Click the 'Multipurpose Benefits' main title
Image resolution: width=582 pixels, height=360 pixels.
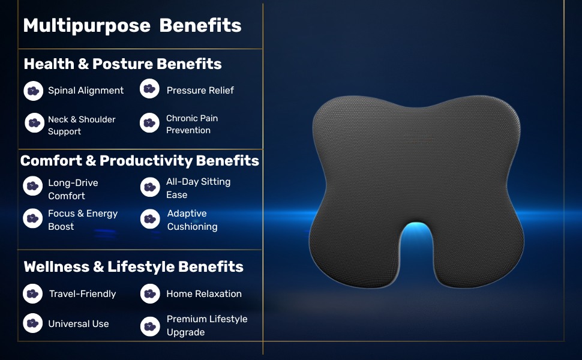pos(132,26)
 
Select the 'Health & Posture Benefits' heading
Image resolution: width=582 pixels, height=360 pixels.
pos(122,64)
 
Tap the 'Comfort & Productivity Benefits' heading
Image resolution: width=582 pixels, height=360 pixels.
pos(140,161)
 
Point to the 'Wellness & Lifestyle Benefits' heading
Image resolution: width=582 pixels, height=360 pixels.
pos(134,266)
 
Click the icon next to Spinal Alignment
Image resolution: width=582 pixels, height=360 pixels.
pos(34,91)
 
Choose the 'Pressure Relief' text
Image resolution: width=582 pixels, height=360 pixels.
pos(200,90)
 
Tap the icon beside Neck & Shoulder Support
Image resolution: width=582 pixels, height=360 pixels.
pos(35,123)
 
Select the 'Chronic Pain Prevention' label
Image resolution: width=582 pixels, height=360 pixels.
pos(192,124)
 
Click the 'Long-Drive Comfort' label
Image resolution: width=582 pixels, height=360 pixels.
pos(73,189)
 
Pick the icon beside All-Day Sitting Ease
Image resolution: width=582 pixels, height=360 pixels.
pos(150,187)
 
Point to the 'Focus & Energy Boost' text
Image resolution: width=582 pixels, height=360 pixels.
pos(83,220)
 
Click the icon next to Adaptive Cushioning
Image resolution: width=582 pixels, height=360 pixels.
pos(150,219)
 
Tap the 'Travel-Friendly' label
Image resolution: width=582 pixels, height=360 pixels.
pos(82,293)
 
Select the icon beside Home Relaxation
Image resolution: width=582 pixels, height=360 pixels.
pos(150,293)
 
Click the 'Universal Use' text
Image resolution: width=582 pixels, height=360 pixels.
pos(79,323)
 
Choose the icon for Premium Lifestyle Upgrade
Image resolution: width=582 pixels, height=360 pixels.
pos(150,326)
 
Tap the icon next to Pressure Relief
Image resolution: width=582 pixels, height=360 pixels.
pos(149,89)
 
